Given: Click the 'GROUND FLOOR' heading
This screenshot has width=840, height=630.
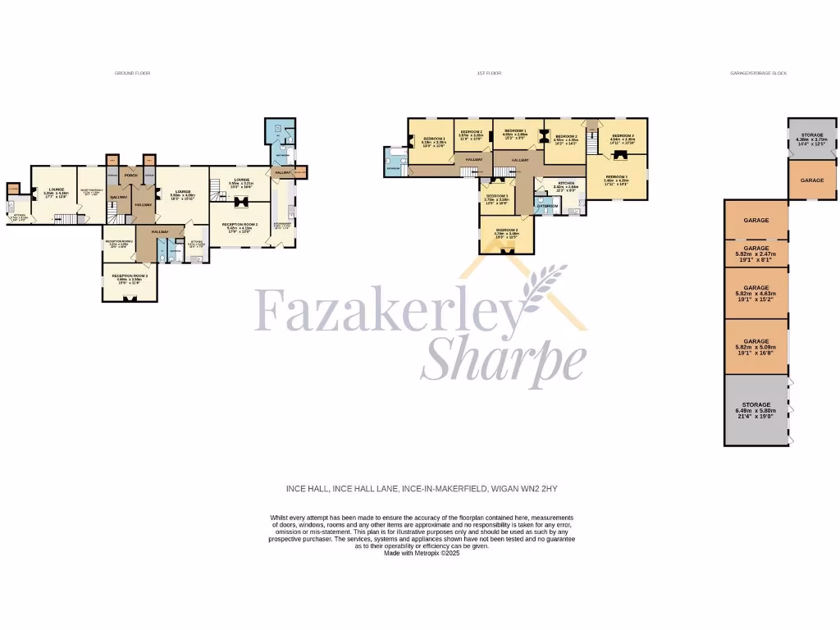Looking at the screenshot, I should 132,73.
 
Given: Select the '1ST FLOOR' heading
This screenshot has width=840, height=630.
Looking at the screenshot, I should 489,73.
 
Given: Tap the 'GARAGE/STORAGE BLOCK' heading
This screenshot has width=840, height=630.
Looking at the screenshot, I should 758,73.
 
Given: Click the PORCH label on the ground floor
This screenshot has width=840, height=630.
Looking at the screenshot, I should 130,175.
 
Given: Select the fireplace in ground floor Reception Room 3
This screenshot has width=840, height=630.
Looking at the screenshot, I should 130,298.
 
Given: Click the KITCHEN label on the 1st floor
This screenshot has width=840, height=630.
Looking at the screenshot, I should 566,184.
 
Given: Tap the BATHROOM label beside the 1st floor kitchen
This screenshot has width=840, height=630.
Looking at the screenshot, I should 547,206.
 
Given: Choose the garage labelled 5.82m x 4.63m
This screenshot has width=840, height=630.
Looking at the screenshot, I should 756,290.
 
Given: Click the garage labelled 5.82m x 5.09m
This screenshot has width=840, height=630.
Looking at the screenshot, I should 756,344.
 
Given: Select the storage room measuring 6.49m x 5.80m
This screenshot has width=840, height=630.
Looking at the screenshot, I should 756,408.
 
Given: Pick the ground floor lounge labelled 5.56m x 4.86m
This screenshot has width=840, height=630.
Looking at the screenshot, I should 182,195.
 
